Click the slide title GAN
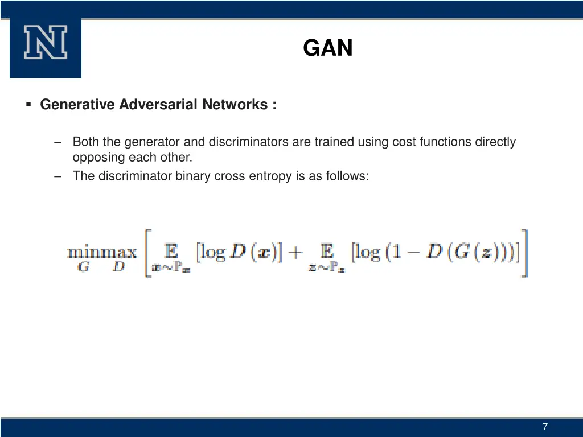tap(328, 48)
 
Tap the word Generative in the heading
tap(78, 105)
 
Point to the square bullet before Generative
tap(28, 105)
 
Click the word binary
tap(193, 176)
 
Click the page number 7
tap(545, 427)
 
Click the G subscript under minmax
tap(83, 266)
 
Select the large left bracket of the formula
tap(147, 253)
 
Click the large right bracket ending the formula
tap(525, 253)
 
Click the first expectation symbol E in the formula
tap(170, 251)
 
